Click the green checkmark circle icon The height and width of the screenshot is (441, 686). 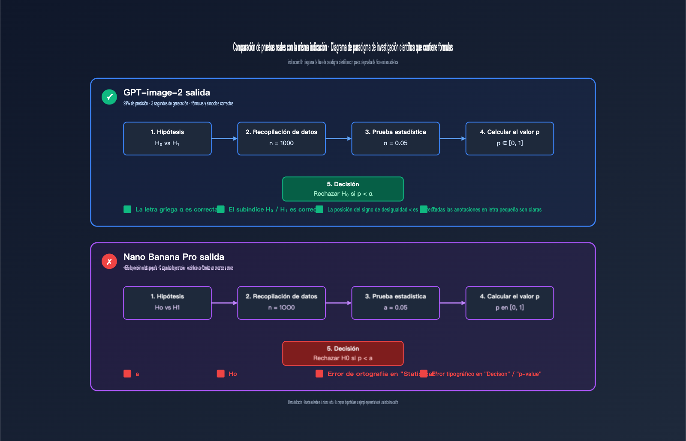[x=109, y=97]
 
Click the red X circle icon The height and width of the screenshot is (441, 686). [x=109, y=261]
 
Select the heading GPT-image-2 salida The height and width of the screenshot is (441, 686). [x=167, y=92]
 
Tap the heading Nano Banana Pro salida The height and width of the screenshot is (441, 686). [x=174, y=257]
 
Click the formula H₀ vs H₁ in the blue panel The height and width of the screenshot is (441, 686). [x=167, y=143]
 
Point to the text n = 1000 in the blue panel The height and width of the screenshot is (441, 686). [x=281, y=143]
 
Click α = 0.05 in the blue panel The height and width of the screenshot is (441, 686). [x=395, y=143]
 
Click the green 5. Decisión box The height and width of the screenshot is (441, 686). [x=343, y=189]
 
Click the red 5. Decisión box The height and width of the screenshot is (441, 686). [x=343, y=353]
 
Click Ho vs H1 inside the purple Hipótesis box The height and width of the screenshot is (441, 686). [x=167, y=307]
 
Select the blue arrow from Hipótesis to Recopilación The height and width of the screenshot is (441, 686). [x=224, y=138]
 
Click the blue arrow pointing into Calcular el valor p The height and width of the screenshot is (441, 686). [x=452, y=138]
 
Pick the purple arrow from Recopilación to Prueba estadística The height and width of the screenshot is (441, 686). [x=338, y=303]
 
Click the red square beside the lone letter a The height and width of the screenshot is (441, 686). [x=127, y=374]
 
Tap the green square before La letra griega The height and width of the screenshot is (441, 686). [x=127, y=209]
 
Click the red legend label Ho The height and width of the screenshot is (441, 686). [x=233, y=374]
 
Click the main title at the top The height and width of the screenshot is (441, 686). [x=343, y=47]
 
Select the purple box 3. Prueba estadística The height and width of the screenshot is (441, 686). [x=395, y=303]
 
